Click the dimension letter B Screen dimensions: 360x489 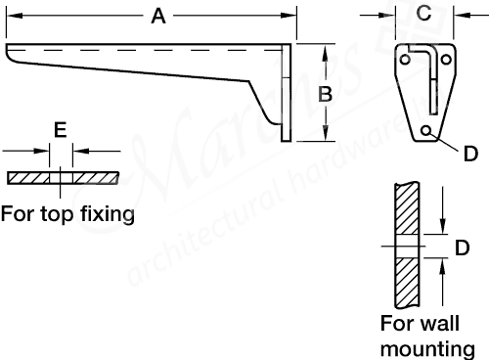point(327,94)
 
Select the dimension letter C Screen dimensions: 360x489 point(423,14)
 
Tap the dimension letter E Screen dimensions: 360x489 point(61,129)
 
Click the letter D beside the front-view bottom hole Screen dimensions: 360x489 point(470,154)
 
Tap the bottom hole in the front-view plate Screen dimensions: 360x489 point(427,130)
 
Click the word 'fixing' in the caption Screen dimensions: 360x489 point(107,213)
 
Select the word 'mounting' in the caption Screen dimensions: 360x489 point(427,348)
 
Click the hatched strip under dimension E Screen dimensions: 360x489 point(62,179)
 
